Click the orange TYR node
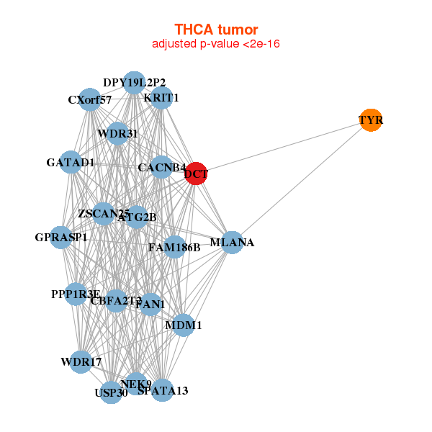click(x=371, y=120)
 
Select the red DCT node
click(x=196, y=174)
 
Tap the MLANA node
click(x=232, y=243)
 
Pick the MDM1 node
click(x=184, y=325)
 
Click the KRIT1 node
click(x=161, y=98)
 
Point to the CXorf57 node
click(x=90, y=99)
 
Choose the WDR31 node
click(x=117, y=134)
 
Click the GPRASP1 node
click(x=61, y=238)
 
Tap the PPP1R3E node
click(x=76, y=294)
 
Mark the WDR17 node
click(x=81, y=361)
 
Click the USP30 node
click(x=111, y=392)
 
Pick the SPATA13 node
click(x=162, y=390)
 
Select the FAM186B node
click(x=174, y=248)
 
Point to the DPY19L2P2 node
click(x=134, y=83)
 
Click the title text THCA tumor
click(x=216, y=30)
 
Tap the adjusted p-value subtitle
click(x=216, y=44)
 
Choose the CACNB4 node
click(x=161, y=168)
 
